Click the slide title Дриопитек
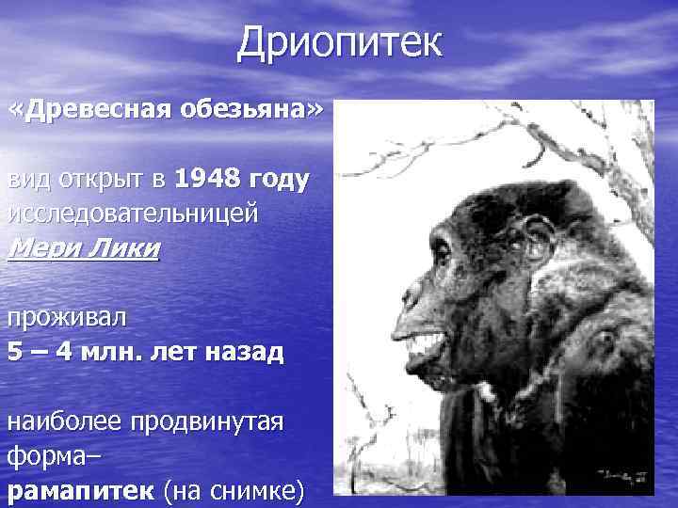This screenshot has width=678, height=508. click(338, 42)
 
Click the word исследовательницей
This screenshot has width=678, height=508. click(133, 214)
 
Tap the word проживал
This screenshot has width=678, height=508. click(66, 317)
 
